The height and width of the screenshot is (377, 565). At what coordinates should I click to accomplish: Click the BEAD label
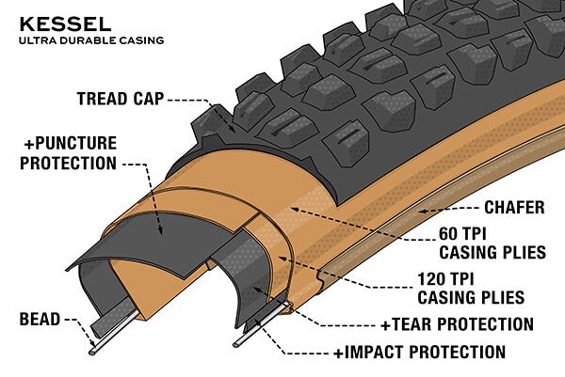click(39, 321)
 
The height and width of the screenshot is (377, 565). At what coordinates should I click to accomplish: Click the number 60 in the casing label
click(452, 233)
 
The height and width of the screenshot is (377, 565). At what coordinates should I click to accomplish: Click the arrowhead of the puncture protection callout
click(161, 230)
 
